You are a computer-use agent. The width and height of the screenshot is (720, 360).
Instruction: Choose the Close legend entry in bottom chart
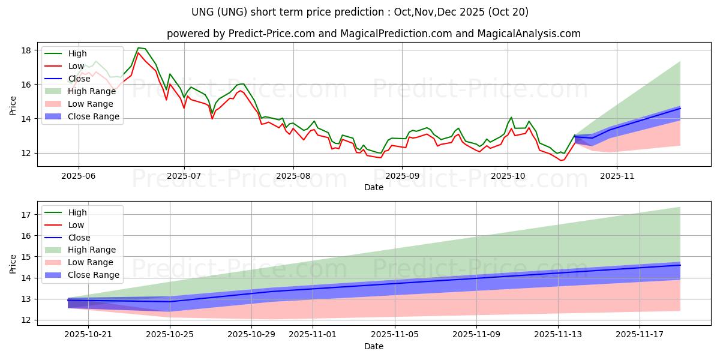click(x=80, y=238)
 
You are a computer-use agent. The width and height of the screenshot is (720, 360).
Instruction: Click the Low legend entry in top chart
click(x=77, y=66)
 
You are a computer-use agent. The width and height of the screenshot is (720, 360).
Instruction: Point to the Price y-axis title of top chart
click(x=13, y=104)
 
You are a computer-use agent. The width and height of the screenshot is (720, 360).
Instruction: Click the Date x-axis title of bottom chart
click(x=373, y=347)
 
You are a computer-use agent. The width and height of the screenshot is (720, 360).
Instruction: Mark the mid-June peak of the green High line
click(x=139, y=48)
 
